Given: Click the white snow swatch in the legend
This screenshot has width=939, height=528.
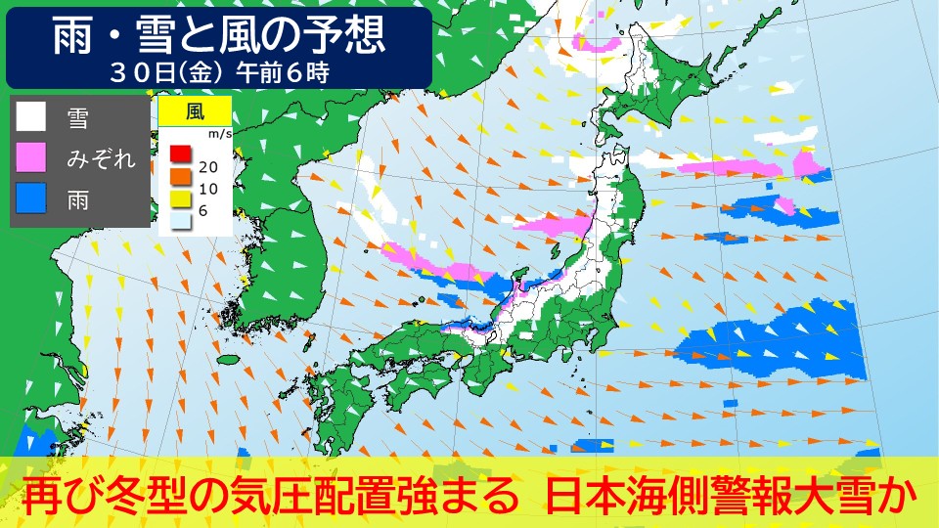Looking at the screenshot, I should [31, 117].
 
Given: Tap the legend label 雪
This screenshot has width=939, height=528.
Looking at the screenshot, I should [77, 118].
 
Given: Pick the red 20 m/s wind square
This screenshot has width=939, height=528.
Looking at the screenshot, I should [178, 153].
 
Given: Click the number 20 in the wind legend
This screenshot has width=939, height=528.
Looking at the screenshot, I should [206, 166].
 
